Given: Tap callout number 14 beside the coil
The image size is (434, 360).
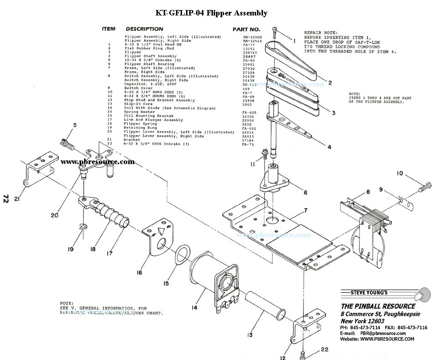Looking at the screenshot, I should (194, 308).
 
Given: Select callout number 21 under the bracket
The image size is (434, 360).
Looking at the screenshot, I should (17, 199).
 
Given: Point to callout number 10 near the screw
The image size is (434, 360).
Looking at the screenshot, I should (399, 173).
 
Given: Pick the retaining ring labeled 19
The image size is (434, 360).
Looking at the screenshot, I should (83, 226).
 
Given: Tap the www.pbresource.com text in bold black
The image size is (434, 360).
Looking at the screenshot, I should (97, 161).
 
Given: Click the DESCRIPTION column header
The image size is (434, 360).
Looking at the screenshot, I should (144, 29).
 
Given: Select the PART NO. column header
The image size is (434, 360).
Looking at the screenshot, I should (246, 29).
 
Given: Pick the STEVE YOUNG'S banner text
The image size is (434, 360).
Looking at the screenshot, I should (368, 292).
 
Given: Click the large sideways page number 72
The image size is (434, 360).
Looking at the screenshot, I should (6, 199).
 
